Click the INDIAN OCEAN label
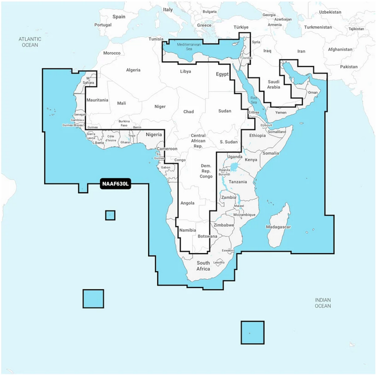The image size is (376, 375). pyautogui.click(x=323, y=303)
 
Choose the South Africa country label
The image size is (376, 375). pyautogui.click(x=203, y=266)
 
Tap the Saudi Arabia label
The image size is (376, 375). pyautogui.click(x=274, y=84)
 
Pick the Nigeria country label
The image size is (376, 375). pyautogui.click(x=154, y=135)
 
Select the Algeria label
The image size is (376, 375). pyautogui.click(x=133, y=70)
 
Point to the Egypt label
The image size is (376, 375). pyautogui.click(x=222, y=75)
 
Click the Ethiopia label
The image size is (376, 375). pyautogui.click(x=257, y=136)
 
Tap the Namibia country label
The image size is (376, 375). pyautogui.click(x=187, y=230)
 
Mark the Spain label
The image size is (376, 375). pyautogui.click(x=119, y=17)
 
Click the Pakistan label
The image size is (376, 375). pyautogui.click(x=349, y=67)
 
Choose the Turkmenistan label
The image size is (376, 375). pyautogui.click(x=318, y=27)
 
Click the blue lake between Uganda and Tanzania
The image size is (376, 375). pyautogui.click(x=234, y=167)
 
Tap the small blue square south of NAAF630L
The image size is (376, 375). pyautogui.click(x=110, y=215)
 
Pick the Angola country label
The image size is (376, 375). pyautogui.click(x=187, y=203)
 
